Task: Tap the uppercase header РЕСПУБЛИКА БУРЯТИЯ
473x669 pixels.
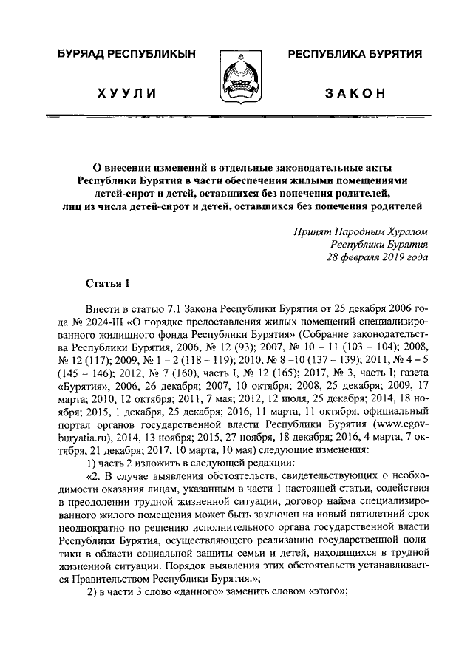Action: pyautogui.click(x=355, y=54)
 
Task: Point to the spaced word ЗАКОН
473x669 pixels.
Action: pyautogui.click(x=355, y=93)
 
